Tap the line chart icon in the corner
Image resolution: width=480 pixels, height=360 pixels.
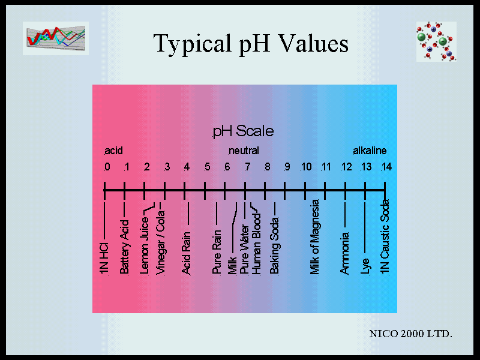pos(56,38)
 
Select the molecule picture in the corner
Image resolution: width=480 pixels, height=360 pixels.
pos(436,41)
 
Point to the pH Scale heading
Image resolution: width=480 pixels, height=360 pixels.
pos(243,131)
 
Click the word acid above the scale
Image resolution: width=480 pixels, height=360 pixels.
pos(113,151)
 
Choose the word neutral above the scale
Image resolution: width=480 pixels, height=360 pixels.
pos(244,151)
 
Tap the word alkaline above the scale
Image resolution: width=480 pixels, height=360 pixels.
pos(370,151)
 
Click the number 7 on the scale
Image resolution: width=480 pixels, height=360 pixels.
pos(247,167)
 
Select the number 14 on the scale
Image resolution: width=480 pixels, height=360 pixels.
pos(386,167)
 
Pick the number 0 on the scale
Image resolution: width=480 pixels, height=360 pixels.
pos(107,167)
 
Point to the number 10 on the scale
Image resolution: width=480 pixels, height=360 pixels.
pos(306,167)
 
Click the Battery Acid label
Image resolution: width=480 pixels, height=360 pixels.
pos(124,247)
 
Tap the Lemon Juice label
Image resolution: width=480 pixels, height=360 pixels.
pos(144,245)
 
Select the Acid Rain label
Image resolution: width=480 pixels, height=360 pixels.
pos(186,253)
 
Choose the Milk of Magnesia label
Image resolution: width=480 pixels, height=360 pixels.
pos(314,237)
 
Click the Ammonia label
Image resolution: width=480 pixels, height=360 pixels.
pos(344,253)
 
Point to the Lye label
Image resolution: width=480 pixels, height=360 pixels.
pos(365,266)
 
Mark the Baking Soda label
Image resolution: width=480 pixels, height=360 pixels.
pos(274,245)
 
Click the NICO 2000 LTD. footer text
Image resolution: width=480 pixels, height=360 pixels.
pos(411,334)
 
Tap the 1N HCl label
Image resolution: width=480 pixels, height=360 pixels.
pos(104,259)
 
